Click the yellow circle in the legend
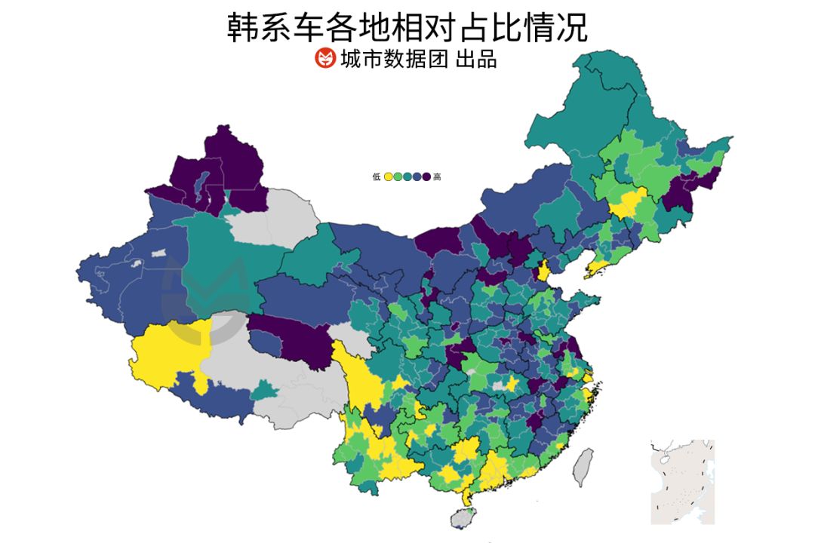coord(388,176)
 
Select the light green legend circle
coord(398,176)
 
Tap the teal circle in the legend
coord(407,176)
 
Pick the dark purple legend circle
coord(426,176)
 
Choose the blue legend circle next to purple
coord(417,176)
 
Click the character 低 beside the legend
coord(377,176)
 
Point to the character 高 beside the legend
coord(438,176)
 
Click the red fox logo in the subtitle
coord(324,58)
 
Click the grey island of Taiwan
coord(583,466)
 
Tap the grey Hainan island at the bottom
coord(463,517)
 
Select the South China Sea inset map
coord(682,481)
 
